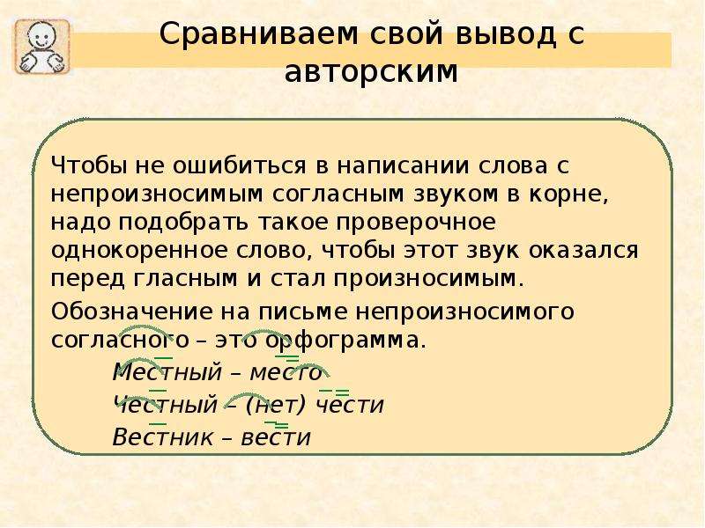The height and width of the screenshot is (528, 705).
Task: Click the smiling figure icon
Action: coord(42,47)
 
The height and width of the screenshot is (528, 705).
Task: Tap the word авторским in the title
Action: coord(371,72)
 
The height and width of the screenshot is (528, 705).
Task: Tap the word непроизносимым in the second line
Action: coord(157,195)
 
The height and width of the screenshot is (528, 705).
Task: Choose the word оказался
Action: coord(583,250)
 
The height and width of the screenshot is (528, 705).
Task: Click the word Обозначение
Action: coord(131,312)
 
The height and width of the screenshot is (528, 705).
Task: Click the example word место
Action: coord(286,372)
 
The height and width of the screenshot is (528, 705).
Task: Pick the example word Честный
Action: coord(166,405)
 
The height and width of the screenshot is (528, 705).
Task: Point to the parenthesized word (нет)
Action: coord(276,405)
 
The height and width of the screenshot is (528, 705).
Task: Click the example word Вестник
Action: coord(163,436)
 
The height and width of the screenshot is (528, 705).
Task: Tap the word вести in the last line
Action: coord(276,437)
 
